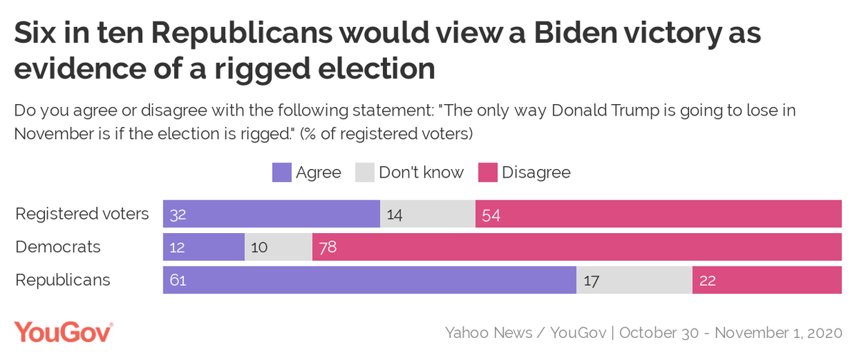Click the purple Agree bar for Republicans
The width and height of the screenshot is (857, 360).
pyautogui.click(x=369, y=280)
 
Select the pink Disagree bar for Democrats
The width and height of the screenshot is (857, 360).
pyautogui.click(x=576, y=247)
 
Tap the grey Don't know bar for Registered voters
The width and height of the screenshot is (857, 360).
pyautogui.click(x=427, y=214)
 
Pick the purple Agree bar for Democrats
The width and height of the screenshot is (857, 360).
pyautogui.click(x=204, y=247)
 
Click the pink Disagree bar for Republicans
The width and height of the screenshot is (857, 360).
pyautogui.click(x=766, y=280)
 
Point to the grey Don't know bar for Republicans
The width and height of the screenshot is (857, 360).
pyautogui.click(x=634, y=280)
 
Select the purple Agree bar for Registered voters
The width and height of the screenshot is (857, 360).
pyautogui.click(x=271, y=214)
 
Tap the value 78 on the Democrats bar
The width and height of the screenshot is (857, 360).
pyautogui.click(x=328, y=247)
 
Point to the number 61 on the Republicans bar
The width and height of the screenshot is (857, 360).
pyautogui.click(x=178, y=281)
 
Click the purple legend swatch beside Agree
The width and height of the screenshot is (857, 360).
pyautogui.click(x=281, y=173)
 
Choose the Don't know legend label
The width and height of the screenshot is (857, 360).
pyautogui.click(x=421, y=173)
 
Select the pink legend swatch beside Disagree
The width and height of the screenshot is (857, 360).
pyautogui.click(x=487, y=173)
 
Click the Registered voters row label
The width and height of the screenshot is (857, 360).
pyautogui.click(x=82, y=214)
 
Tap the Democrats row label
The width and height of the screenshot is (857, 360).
pyautogui.click(x=58, y=247)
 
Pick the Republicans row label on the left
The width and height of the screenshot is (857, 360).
pyautogui.click(x=63, y=280)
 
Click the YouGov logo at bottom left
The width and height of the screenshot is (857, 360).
pyautogui.click(x=64, y=332)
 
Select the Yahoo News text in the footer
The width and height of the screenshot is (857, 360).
pyautogui.click(x=488, y=333)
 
